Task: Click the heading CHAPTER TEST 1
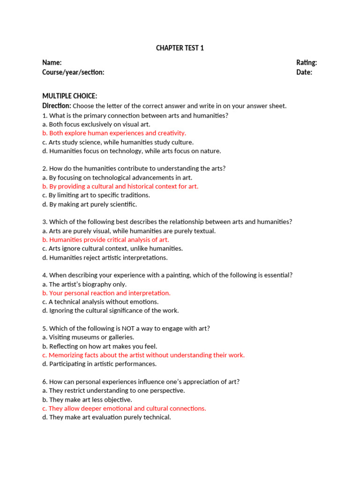pyautogui.click(x=180, y=48)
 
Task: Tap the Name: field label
pyautogui.click(x=52, y=63)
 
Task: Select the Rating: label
pyautogui.click(x=307, y=63)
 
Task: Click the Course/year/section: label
pyautogui.click(x=73, y=72)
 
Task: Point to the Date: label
pyautogui.click(x=304, y=72)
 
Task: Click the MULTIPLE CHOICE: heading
pyautogui.click(x=70, y=96)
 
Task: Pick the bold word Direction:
pyautogui.click(x=57, y=105)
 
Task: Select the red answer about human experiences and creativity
pyautogui.click(x=114, y=133)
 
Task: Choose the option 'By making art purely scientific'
pyautogui.click(x=90, y=204)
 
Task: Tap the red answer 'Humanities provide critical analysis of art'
pyautogui.click(x=105, y=240)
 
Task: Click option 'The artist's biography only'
pyautogui.click(x=84, y=284)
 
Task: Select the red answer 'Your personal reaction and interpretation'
pyautogui.click(x=106, y=293)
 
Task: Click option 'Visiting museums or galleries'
pyautogui.click(x=88, y=337)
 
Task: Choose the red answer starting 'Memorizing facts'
pyautogui.click(x=143, y=355)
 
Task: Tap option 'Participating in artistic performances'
pyautogui.click(x=99, y=364)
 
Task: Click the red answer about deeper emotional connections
pyautogui.click(x=124, y=408)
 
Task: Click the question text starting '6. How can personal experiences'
pyautogui.click(x=141, y=382)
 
